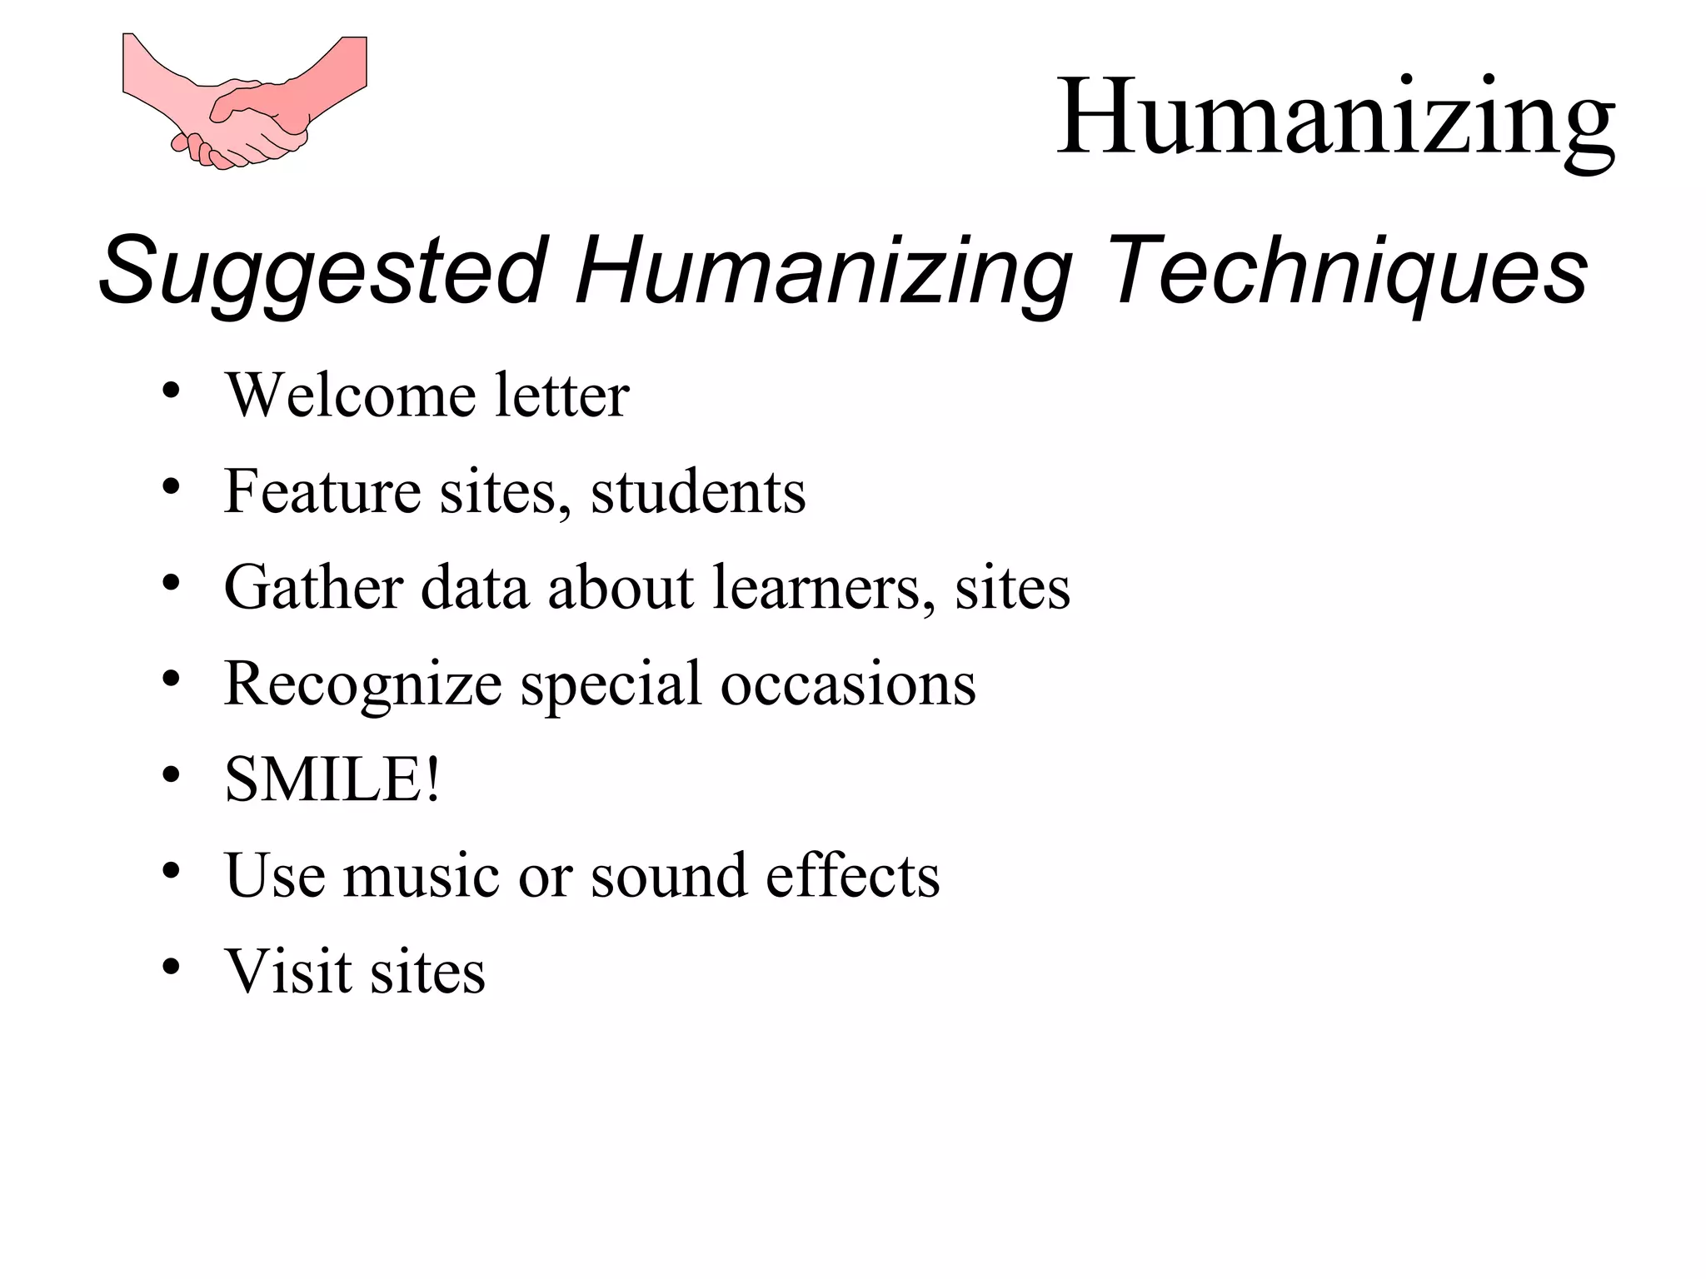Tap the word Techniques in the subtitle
pos(1347,271)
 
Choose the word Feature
pos(322,491)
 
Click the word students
pos(698,491)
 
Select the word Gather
pos(313,587)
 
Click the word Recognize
pos(362,684)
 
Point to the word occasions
pos(848,684)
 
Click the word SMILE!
pos(332,779)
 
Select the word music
pos(421,876)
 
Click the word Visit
pos(288,972)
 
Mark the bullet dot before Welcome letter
pos(172,391)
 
